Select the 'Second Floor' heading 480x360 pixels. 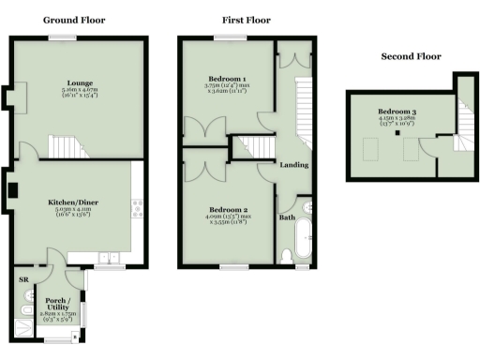point(411,56)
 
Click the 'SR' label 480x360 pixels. point(22,279)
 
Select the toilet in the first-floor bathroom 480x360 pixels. point(287,255)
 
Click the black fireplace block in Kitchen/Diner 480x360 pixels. point(12,190)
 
